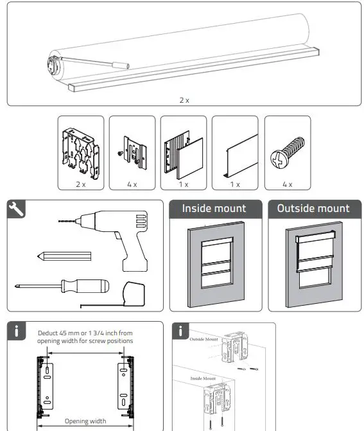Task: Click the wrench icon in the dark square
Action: tap(17, 209)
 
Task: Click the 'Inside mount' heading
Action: tap(214, 208)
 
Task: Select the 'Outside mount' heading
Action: tap(313, 208)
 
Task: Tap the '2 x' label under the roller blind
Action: tap(185, 100)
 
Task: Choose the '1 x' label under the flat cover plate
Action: tap(234, 184)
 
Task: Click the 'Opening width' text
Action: tap(85, 421)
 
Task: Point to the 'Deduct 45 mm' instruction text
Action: tap(85, 337)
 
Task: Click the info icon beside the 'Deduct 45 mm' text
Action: tap(18, 332)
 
